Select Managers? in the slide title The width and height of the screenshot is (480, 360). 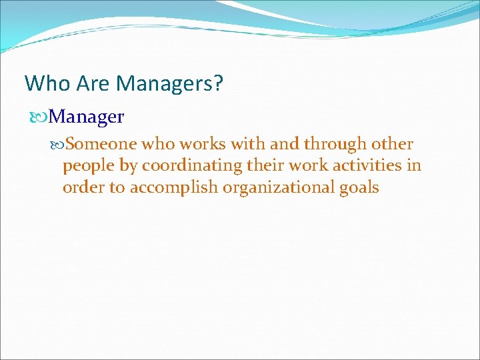click(170, 84)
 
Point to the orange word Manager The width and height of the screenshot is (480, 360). click(87, 117)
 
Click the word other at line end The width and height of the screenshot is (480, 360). click(393, 144)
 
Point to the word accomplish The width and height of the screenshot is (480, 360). click(174, 188)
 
